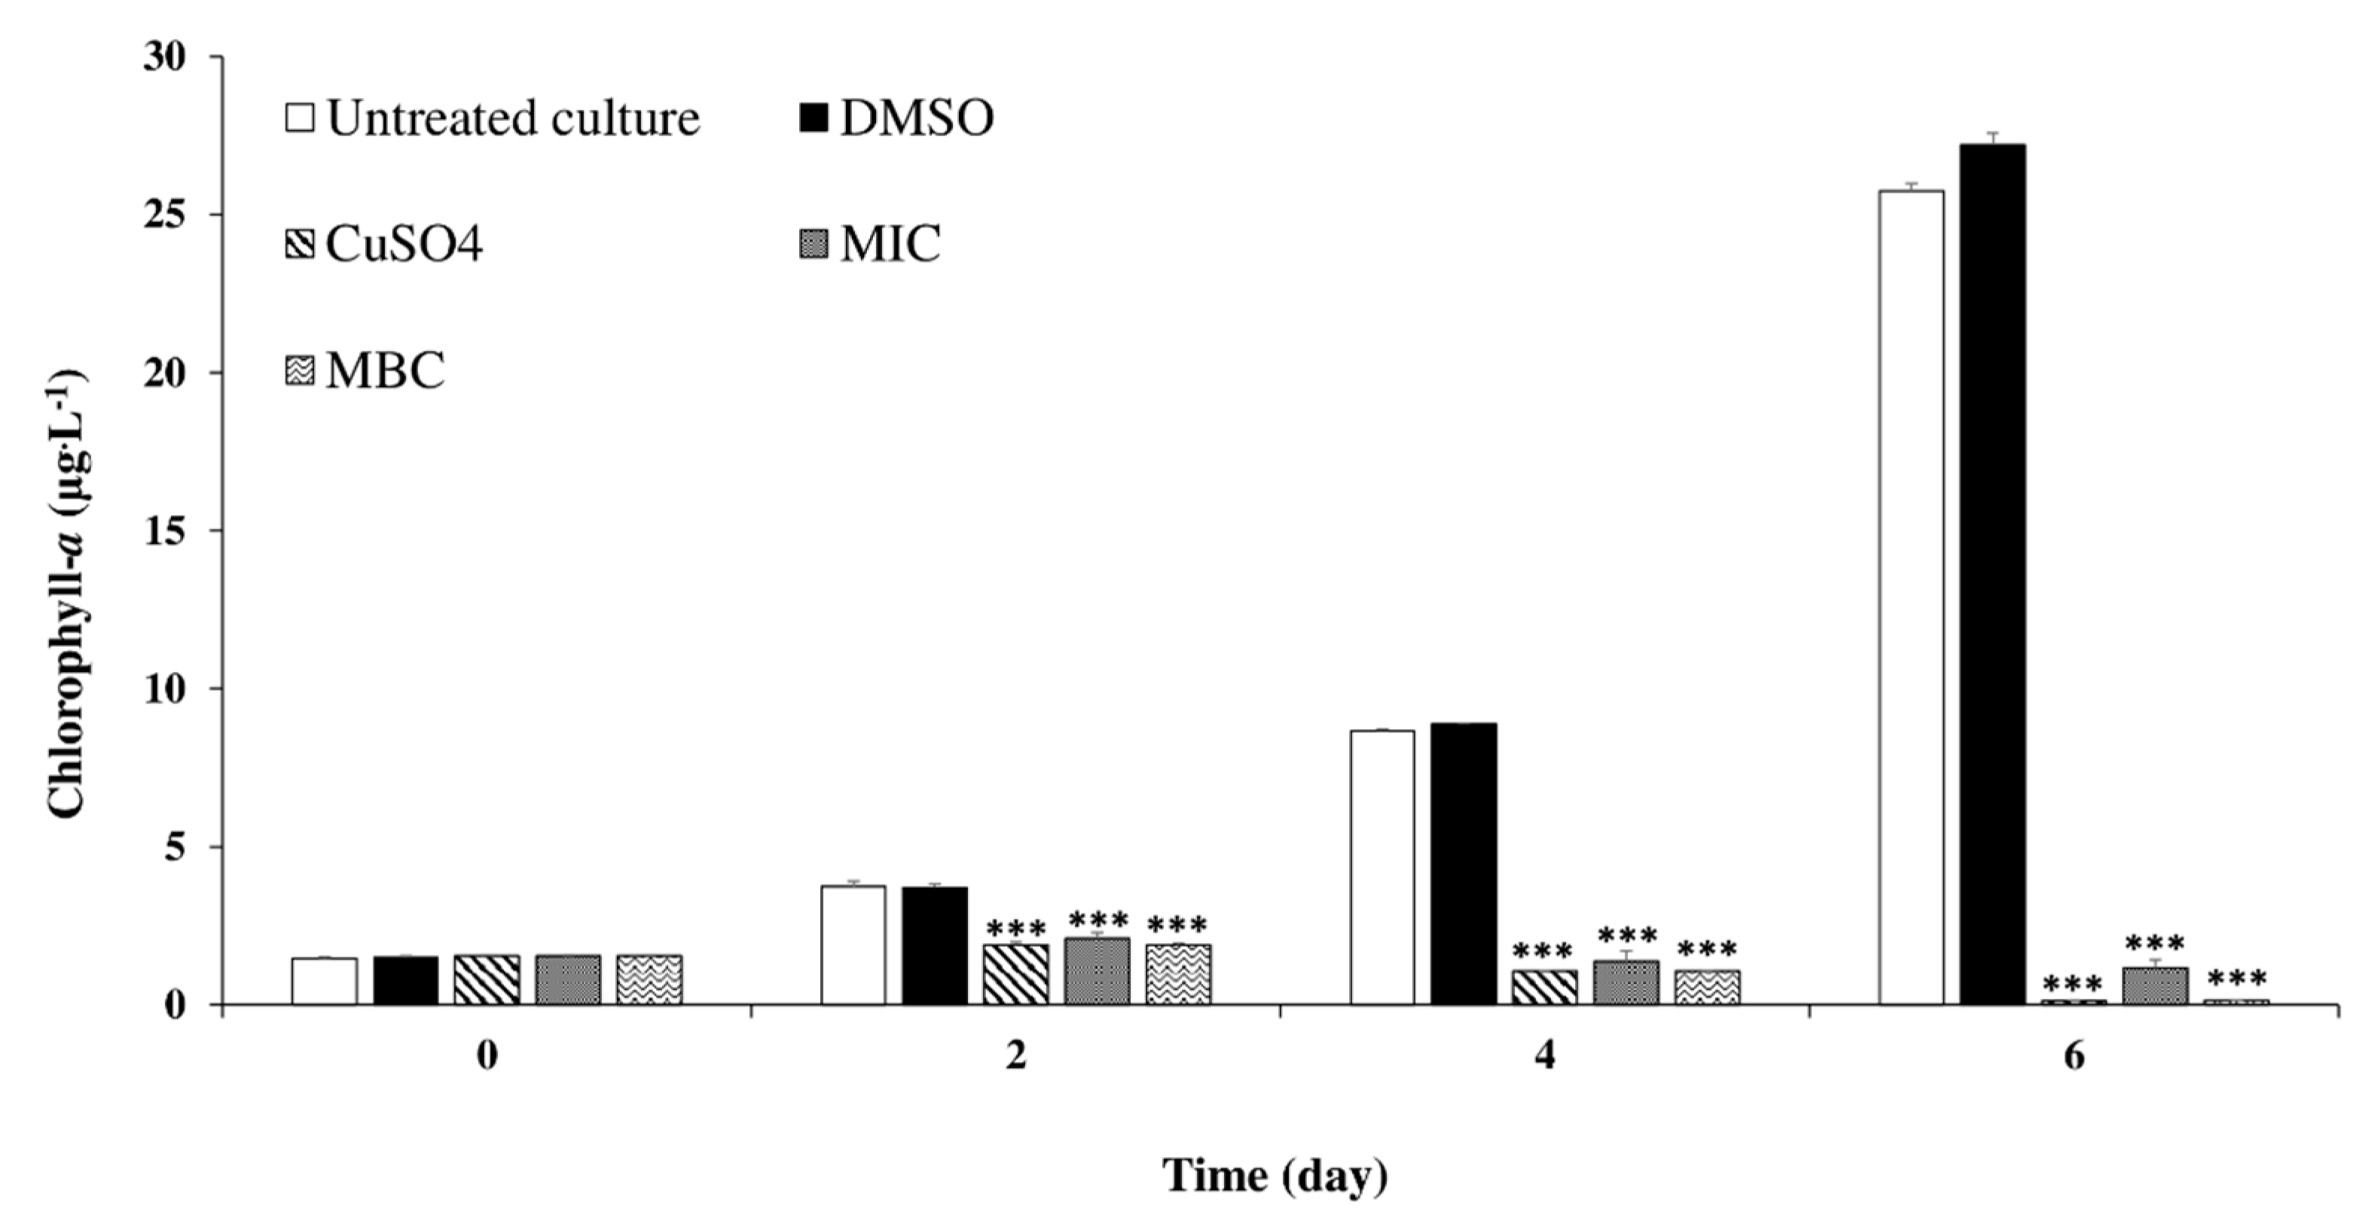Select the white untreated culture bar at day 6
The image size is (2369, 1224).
point(1912,598)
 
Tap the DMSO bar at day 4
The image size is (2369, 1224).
point(1463,865)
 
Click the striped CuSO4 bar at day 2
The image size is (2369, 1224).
point(1015,974)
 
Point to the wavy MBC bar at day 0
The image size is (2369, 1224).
point(649,979)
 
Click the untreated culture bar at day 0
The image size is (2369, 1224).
point(325,981)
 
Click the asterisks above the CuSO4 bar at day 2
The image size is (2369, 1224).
point(1015,929)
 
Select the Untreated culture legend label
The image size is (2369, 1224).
point(513,118)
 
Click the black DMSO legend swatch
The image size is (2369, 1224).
point(814,118)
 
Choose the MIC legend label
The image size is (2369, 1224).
point(890,245)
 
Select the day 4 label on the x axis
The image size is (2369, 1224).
point(1545,1057)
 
